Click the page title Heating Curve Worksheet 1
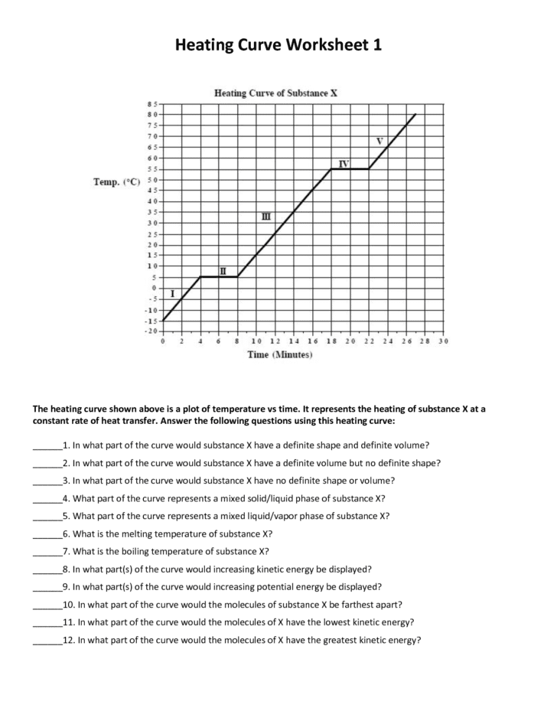point(278,45)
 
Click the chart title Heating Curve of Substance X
point(276,93)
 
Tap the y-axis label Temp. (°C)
point(116,181)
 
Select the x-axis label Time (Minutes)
point(280,356)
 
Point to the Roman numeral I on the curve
point(173,293)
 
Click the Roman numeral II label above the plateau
point(223,271)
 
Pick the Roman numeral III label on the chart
point(266,217)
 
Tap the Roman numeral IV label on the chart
point(344,164)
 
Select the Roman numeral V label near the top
point(379,141)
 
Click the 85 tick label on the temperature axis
point(151,103)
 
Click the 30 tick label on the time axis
point(443,341)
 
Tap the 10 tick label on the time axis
point(256,341)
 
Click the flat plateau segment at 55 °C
point(350,168)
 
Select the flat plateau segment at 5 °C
point(219,276)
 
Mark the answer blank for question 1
point(46,445)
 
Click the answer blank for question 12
point(46,641)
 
